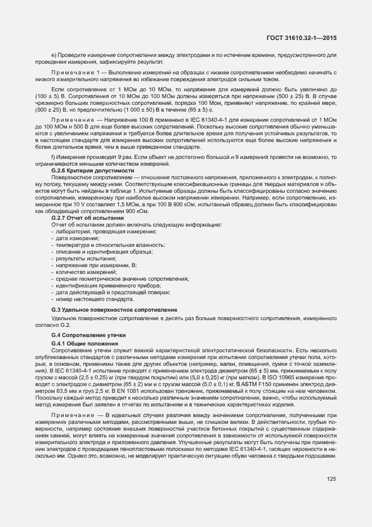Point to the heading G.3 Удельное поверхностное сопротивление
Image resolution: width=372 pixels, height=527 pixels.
(114, 309)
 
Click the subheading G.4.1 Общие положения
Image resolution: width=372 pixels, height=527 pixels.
(84, 343)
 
